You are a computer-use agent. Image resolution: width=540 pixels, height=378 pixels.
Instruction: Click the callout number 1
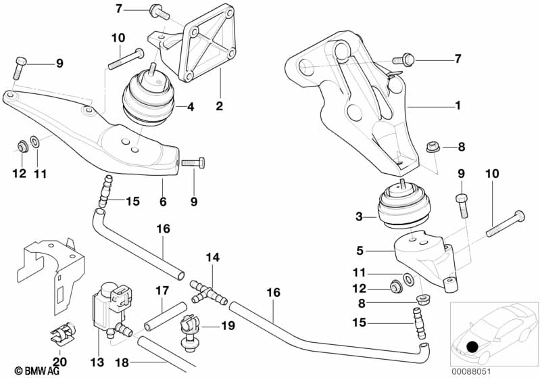(458, 106)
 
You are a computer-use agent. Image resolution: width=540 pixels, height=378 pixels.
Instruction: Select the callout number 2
(219, 106)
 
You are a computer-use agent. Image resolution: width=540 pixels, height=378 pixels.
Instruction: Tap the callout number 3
(360, 217)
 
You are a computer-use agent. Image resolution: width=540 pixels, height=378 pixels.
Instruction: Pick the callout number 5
(360, 250)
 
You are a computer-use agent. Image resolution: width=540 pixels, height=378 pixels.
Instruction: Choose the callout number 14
(213, 258)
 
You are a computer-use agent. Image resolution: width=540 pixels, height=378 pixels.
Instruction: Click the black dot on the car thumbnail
(472, 347)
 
